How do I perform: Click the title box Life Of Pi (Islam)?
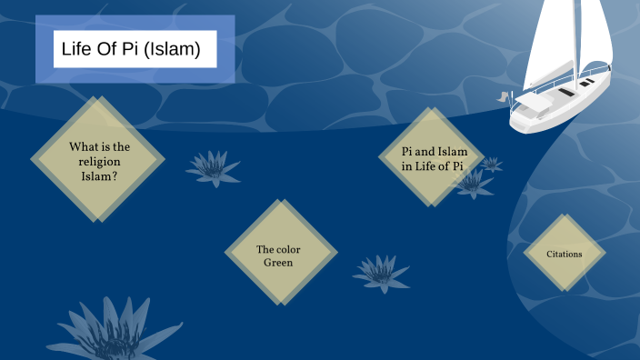pyautogui.click(x=135, y=49)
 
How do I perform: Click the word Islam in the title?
pyautogui.click(x=176, y=49)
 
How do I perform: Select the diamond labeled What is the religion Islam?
pyautogui.click(x=98, y=160)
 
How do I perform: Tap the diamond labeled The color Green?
pyautogui.click(x=280, y=254)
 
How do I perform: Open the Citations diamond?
pyautogui.click(x=564, y=254)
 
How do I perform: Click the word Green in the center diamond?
pyautogui.click(x=278, y=263)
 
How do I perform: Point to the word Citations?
pyautogui.click(x=564, y=254)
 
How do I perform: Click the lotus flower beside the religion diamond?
pyautogui.click(x=212, y=167)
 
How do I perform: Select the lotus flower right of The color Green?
pyautogui.click(x=382, y=272)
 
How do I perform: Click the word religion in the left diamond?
pyautogui.click(x=99, y=161)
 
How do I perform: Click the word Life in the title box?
pyautogui.click(x=75, y=49)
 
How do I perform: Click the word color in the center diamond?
pyautogui.click(x=290, y=249)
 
